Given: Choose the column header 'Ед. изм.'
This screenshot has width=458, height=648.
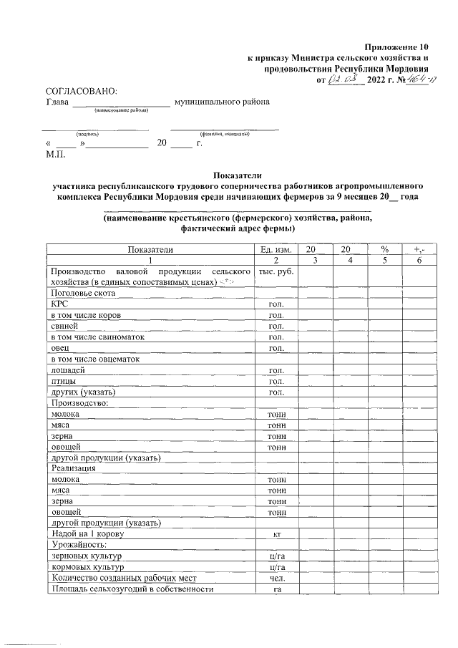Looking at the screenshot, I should pos(276,249).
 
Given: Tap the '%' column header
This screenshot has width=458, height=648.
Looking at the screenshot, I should pos(384,249).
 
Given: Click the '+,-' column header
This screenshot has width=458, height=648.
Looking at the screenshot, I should pos(419,249).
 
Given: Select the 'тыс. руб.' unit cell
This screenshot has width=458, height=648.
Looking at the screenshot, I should pos(276,272).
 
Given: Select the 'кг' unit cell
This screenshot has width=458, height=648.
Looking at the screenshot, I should pos(276,534).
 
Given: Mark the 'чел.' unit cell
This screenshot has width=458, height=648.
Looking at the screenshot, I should pos(276,578).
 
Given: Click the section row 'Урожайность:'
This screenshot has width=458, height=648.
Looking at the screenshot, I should pos(77,545).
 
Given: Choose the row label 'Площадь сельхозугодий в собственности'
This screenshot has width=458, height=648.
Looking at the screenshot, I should pos(132,589).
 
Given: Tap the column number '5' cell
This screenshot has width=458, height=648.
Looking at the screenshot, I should pos(384,260).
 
